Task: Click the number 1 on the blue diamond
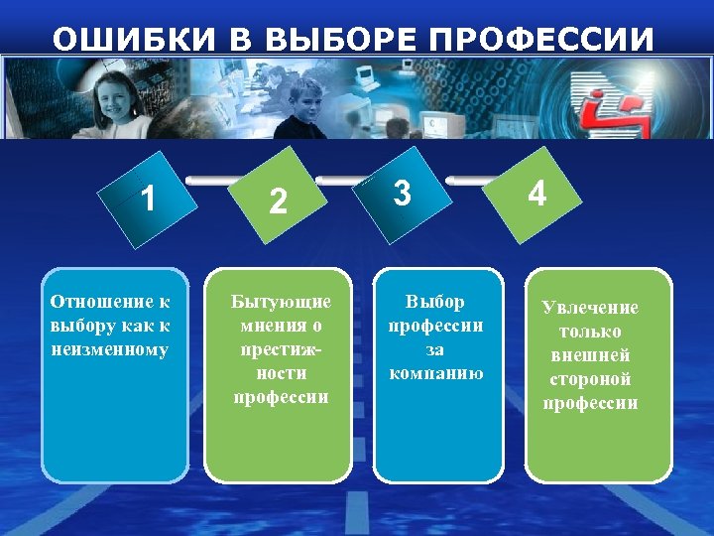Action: point(147,200)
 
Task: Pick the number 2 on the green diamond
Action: point(279,201)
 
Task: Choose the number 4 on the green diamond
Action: point(535,194)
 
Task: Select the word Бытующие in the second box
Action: point(281,301)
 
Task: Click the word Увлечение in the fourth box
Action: point(590,308)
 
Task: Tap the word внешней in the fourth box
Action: point(590,355)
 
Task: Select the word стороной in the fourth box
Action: point(590,379)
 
